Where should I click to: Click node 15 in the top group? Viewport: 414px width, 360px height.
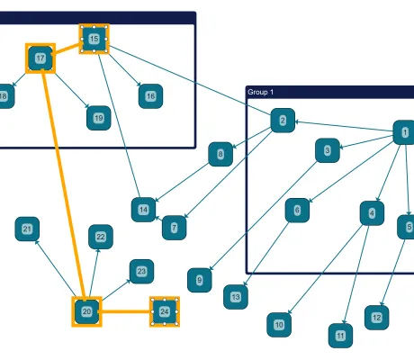coord(94,39)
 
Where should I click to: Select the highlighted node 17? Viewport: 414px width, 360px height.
coord(40,58)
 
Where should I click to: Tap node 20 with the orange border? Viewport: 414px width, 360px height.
coord(86,311)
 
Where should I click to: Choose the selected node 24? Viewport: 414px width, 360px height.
coord(164,311)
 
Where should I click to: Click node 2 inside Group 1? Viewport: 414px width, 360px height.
coord(283,120)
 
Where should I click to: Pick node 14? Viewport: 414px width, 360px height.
coord(143,210)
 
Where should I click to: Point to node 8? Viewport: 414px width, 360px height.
coord(220,155)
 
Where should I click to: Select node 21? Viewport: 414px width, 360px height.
coord(27,229)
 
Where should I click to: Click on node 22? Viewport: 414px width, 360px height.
coord(100,237)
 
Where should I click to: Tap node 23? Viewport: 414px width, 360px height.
coord(140,270)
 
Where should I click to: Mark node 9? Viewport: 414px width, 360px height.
coord(200,280)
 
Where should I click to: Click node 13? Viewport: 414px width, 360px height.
coord(236,295)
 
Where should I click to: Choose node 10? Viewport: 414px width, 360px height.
coord(279,324)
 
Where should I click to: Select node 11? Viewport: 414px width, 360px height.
coord(340,336)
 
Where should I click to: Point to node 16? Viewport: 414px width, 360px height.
coord(150,95)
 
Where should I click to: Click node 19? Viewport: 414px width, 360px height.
coord(98,117)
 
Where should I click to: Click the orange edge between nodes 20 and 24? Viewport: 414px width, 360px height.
coord(125,311)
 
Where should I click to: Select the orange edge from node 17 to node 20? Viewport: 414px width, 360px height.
coord(63,184)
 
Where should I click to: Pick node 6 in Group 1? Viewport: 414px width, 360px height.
coord(297,211)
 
